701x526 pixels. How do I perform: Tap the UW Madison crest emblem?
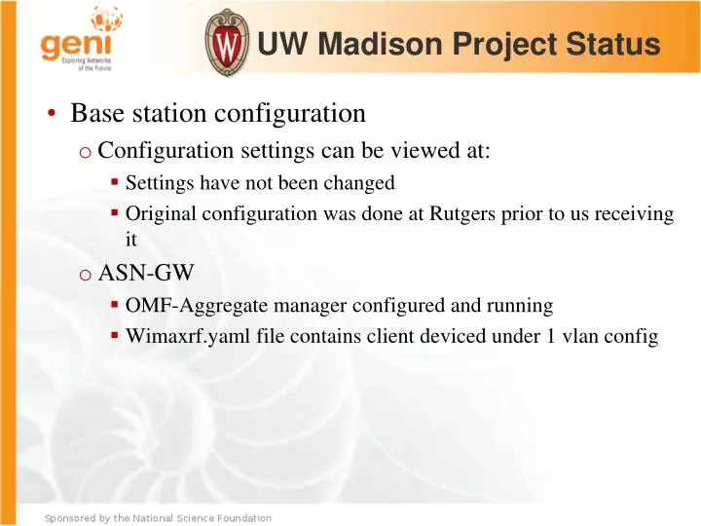pos(226,43)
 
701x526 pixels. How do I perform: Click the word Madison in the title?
pos(377,45)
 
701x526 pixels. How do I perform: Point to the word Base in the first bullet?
pos(95,114)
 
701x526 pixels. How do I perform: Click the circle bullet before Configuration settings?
pos(86,152)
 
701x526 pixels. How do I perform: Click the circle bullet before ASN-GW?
pos(86,275)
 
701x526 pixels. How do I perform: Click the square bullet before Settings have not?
pos(115,182)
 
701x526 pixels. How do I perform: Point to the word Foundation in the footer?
pos(240,518)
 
